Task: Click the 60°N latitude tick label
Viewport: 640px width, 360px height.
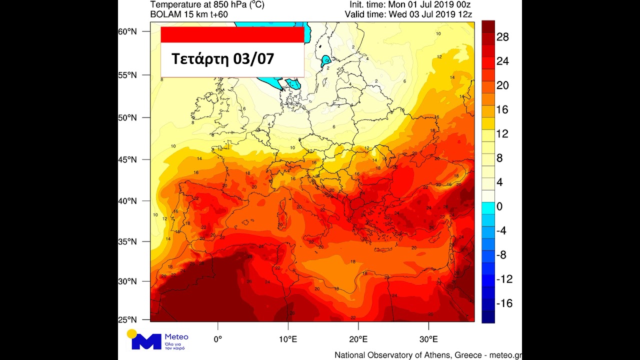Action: tap(127, 31)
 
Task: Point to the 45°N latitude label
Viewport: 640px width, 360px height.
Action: tap(127, 159)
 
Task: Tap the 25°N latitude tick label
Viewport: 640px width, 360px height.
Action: tap(127, 319)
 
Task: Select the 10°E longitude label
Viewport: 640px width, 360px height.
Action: tap(288, 339)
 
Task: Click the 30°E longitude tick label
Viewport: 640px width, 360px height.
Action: tap(429, 339)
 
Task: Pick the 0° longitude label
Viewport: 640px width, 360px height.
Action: tap(217, 339)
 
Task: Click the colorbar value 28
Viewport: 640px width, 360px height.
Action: tap(502, 37)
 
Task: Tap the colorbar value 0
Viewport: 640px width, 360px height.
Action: tap(499, 206)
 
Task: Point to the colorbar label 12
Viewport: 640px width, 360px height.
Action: tap(502, 134)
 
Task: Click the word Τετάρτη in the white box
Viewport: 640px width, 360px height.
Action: tap(198, 59)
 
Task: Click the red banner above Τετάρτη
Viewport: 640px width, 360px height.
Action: tap(232, 34)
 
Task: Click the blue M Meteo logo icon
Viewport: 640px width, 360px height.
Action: tap(146, 341)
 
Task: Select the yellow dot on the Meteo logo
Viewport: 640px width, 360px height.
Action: tap(132, 334)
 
